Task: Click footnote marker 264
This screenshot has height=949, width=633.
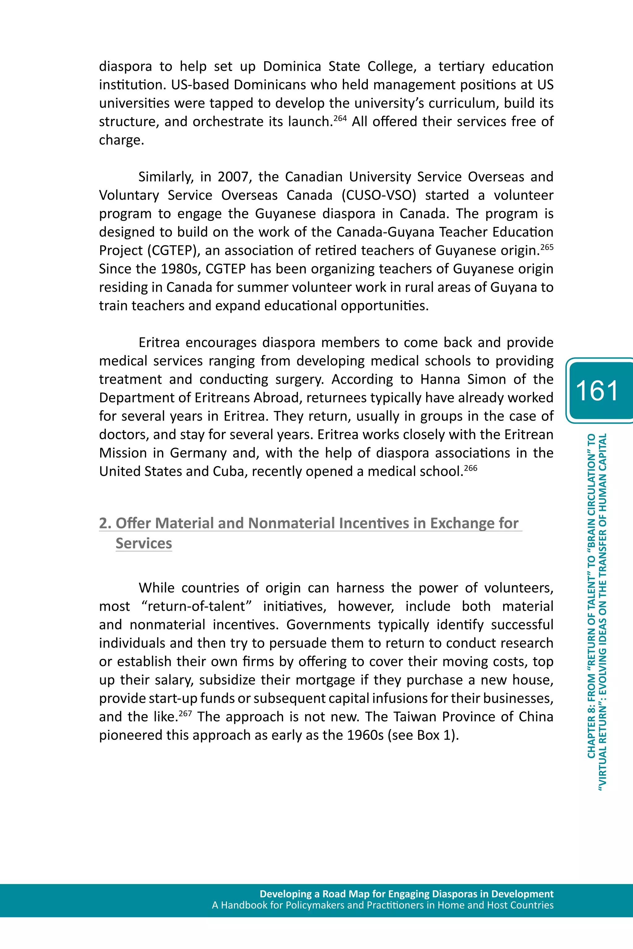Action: tap(340, 118)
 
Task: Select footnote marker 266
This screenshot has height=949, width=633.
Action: tap(470, 468)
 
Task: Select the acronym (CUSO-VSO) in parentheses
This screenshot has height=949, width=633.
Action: tap(379, 195)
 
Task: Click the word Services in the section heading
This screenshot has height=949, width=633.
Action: tap(144, 543)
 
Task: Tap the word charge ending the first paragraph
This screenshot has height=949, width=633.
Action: tap(121, 140)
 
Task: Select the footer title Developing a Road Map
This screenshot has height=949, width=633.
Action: tap(406, 894)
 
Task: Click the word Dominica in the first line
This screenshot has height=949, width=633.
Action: tap(291, 66)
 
